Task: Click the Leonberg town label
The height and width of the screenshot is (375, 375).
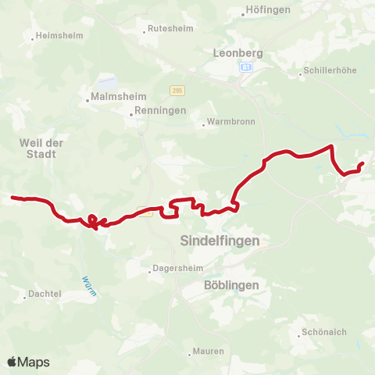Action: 239,54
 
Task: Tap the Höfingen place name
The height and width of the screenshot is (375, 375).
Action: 268,9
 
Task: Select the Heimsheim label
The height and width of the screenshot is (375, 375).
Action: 55,37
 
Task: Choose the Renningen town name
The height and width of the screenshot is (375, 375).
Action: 161,111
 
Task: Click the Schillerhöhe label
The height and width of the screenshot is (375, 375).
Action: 331,70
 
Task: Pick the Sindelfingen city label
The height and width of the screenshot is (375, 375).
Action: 220,241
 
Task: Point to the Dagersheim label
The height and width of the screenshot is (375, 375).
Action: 177,271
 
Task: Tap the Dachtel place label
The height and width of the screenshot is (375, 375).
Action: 46,295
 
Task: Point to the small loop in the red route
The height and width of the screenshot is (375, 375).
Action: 92,220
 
